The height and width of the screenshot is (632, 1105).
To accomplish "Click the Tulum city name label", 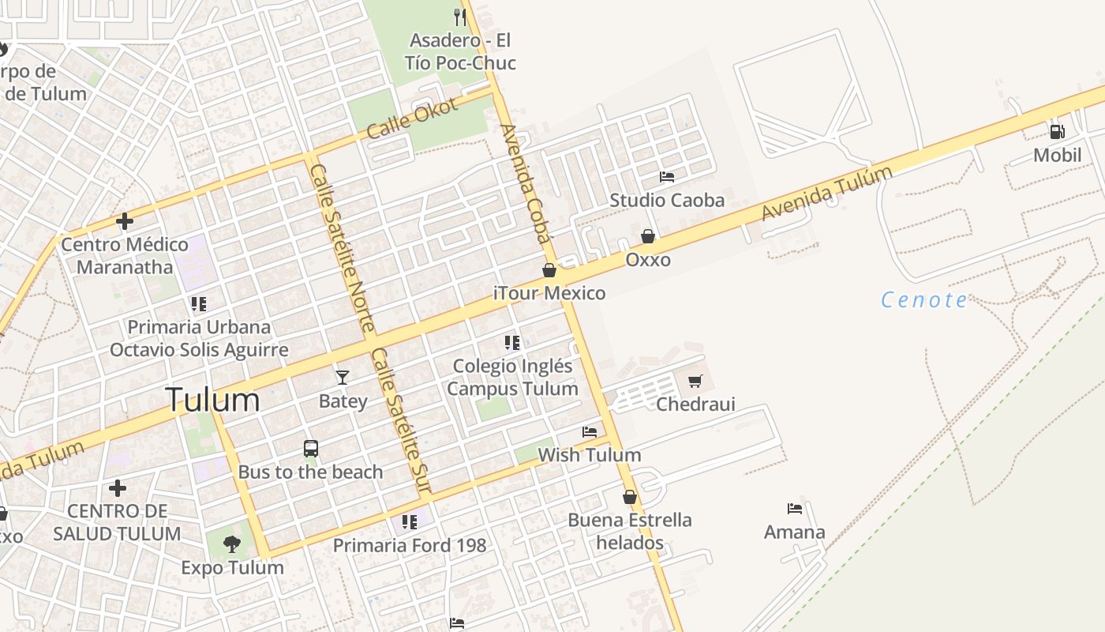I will [x=212, y=401].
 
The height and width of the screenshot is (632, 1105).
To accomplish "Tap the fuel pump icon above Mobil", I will [x=1057, y=132].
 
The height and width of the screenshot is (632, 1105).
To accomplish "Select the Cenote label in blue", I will [x=923, y=300].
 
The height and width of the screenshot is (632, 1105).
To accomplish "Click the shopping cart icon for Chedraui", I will [x=695, y=382].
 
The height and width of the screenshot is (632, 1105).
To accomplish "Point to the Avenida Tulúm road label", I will [x=827, y=192].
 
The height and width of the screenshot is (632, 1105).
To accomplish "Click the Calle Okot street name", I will [x=412, y=118].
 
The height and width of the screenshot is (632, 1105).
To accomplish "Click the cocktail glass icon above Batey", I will [x=343, y=378].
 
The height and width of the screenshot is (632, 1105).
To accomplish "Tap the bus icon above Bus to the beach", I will [x=311, y=449].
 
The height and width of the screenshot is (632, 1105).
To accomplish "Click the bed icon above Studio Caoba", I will [x=667, y=177].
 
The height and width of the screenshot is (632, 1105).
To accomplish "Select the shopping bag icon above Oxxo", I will [x=648, y=236].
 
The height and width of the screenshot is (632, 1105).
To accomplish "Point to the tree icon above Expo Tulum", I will [x=231, y=544].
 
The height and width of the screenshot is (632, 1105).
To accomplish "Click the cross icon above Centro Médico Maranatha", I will [x=125, y=221].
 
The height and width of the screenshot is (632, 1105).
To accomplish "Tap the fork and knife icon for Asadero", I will [x=460, y=17].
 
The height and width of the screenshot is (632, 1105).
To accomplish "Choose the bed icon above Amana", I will [x=795, y=509].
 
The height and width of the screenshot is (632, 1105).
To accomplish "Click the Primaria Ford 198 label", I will [x=410, y=545].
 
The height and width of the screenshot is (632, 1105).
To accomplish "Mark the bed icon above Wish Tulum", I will [x=590, y=432].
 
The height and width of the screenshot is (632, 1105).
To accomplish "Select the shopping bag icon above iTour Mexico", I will [x=549, y=270].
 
